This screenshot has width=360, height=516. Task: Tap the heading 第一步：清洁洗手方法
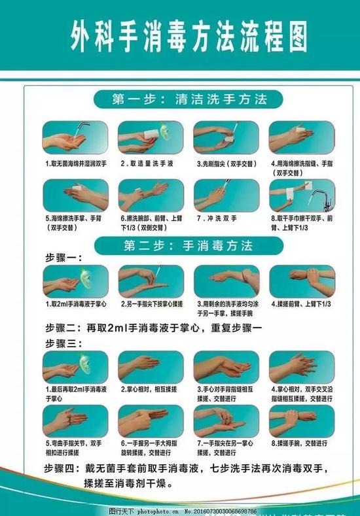pos(189,101)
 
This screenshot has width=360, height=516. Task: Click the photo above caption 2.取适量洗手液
pos(141,137)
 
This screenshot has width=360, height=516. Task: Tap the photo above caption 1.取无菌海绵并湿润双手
pos(66,137)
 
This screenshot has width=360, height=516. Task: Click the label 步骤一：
pos(63,257)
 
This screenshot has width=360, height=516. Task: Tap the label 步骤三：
pos(63,342)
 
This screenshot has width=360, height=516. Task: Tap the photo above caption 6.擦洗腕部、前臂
pos(141,194)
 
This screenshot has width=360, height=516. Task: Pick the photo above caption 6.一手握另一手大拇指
pos(141,420)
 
